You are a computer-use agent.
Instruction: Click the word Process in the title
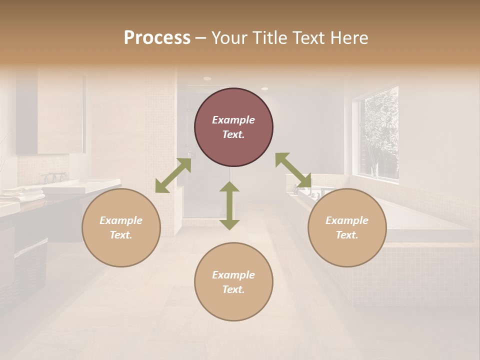157,38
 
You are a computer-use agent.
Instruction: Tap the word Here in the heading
348,38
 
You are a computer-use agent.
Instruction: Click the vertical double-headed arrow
229,205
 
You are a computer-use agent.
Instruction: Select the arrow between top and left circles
173,175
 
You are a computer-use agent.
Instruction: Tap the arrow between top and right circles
293,170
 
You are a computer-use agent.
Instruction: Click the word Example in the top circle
233,120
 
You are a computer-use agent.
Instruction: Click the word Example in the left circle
121,220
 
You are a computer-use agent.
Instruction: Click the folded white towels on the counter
22,194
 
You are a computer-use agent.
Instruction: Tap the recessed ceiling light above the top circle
207,78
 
